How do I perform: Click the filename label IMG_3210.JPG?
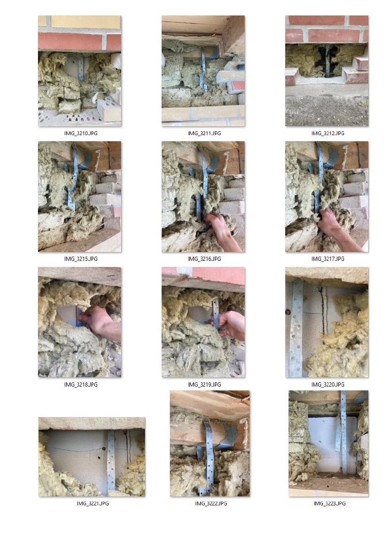click(x=81, y=133)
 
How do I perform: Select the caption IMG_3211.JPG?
click(x=204, y=133)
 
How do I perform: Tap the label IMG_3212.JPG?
click(x=328, y=133)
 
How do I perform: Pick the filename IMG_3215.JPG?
click(x=81, y=259)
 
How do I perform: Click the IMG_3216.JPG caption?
click(x=204, y=259)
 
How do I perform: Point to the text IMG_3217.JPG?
click(x=328, y=259)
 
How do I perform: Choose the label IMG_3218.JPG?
click(x=81, y=385)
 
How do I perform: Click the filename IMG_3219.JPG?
click(x=204, y=385)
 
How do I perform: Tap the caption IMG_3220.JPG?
click(x=328, y=385)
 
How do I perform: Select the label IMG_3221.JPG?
click(x=92, y=503)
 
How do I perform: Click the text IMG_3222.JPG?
click(x=211, y=503)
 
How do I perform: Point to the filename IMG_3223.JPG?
click(x=329, y=503)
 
